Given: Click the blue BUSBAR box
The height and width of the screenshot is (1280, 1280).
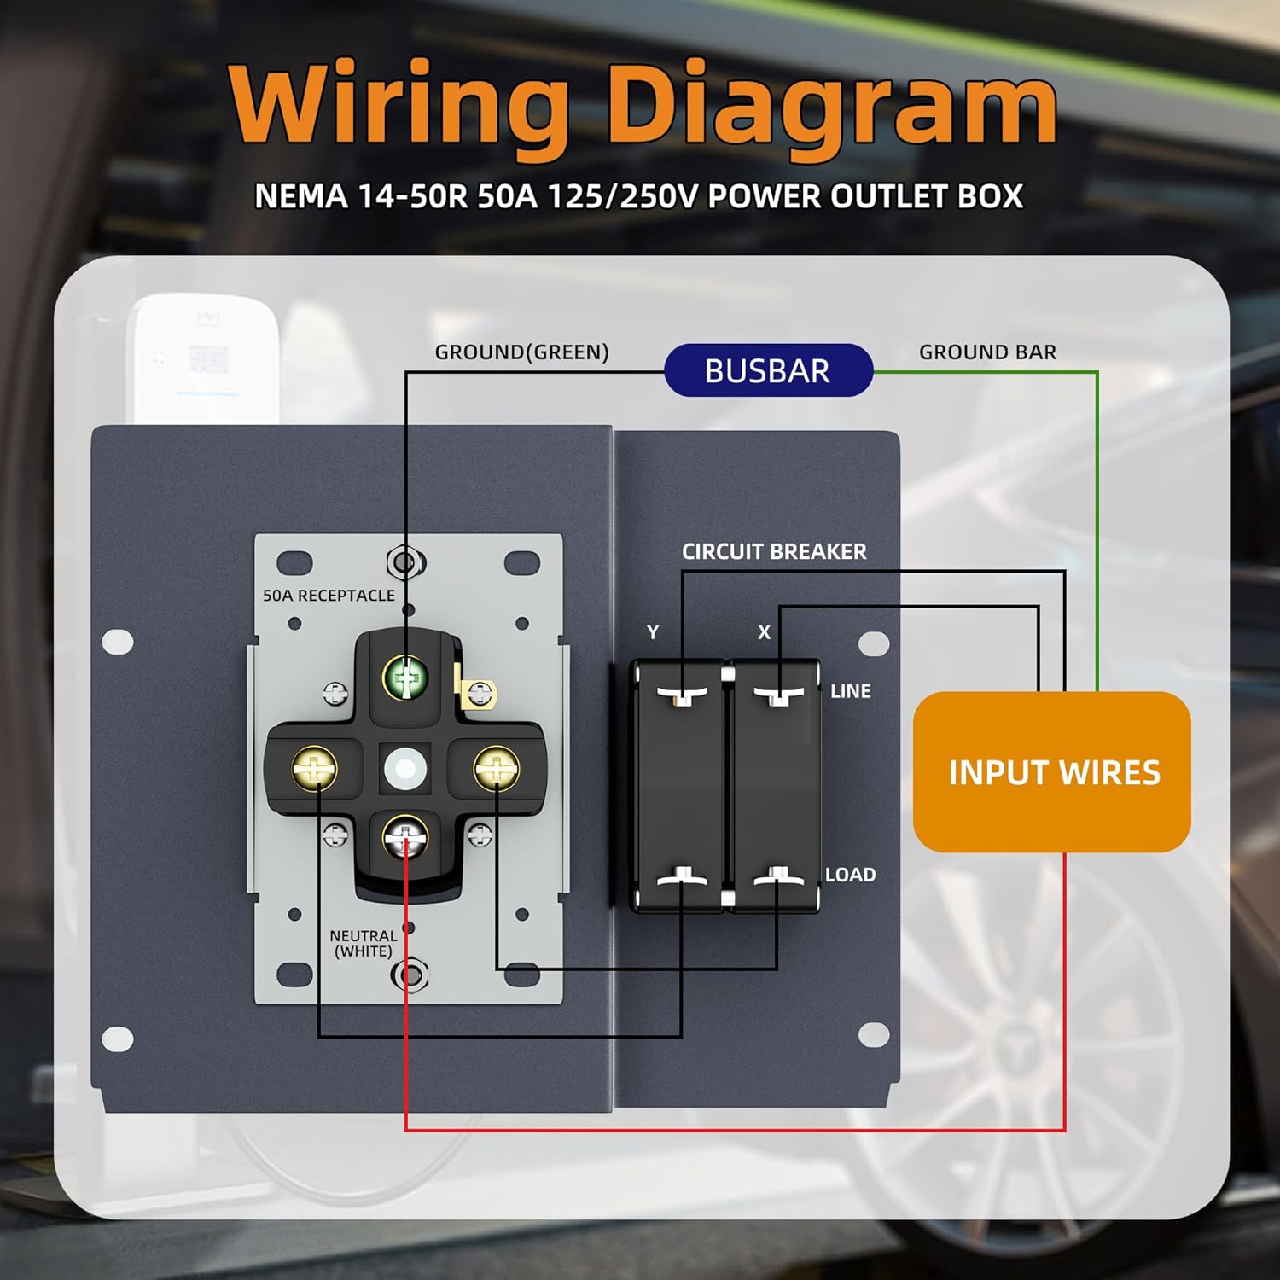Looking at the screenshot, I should pyautogui.click(x=768, y=370).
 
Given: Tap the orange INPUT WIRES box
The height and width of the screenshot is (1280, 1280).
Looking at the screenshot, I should pyautogui.click(x=1051, y=772).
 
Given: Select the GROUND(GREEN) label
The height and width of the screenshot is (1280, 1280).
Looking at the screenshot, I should pyautogui.click(x=521, y=352).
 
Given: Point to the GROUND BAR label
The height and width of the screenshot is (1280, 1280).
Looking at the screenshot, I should pyautogui.click(x=987, y=352).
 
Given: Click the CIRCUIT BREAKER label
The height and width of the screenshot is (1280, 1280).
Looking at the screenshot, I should pyautogui.click(x=774, y=551).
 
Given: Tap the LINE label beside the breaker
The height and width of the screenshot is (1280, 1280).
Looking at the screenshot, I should pyautogui.click(x=851, y=691).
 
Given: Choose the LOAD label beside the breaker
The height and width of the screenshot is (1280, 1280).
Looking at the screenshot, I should pyautogui.click(x=850, y=875).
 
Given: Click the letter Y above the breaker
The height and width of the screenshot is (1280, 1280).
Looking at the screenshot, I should pyautogui.click(x=653, y=632).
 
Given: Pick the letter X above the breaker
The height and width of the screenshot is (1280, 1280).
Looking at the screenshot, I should pyautogui.click(x=764, y=632).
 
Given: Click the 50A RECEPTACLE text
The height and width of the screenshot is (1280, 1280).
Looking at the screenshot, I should pyautogui.click(x=329, y=595).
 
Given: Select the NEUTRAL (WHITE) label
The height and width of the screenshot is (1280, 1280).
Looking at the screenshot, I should pyautogui.click(x=363, y=943).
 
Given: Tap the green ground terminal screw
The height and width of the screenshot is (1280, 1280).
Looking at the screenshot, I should pyautogui.click(x=405, y=678).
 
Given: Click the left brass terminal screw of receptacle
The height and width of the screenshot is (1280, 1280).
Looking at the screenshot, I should pyautogui.click(x=315, y=768).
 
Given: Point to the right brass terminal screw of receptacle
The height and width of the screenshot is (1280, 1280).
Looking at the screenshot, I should pyautogui.click(x=496, y=768).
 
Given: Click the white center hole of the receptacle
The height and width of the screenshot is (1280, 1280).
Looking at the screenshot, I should pyautogui.click(x=404, y=769).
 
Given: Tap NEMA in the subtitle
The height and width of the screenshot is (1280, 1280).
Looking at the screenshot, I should pyautogui.click(x=301, y=197).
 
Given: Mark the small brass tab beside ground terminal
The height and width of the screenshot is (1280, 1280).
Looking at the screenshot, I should pyautogui.click(x=479, y=693).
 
